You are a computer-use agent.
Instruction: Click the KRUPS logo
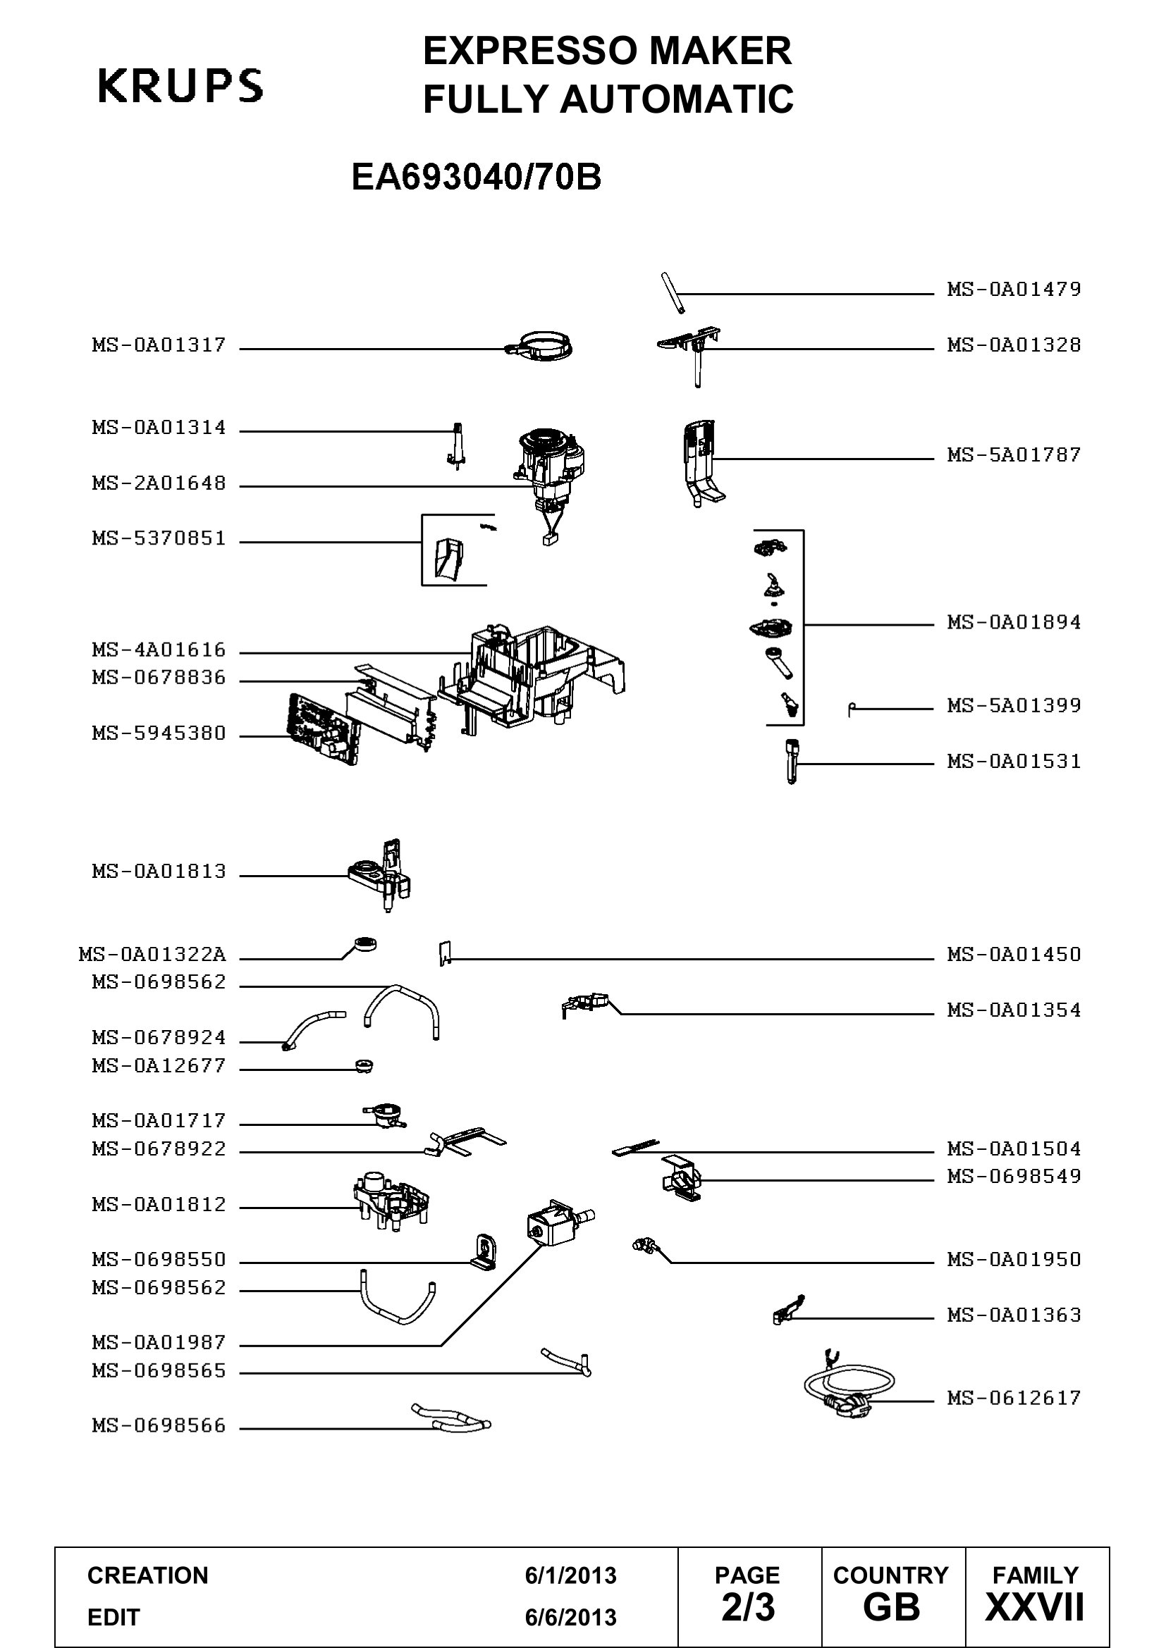click(180, 85)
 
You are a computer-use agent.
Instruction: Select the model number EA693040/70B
click(476, 178)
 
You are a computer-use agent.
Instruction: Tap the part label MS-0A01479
click(1014, 290)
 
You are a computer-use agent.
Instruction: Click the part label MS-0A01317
click(159, 345)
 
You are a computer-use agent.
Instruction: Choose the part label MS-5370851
click(159, 538)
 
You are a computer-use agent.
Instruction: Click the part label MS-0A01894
click(1014, 621)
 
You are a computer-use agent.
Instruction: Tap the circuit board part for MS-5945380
click(322, 728)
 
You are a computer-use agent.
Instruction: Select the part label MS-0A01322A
click(152, 955)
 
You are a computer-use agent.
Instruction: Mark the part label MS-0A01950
click(1014, 1259)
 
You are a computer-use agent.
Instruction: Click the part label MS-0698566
click(159, 1425)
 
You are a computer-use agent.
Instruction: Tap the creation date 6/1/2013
click(570, 1575)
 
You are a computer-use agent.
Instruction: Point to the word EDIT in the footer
click(113, 1618)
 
